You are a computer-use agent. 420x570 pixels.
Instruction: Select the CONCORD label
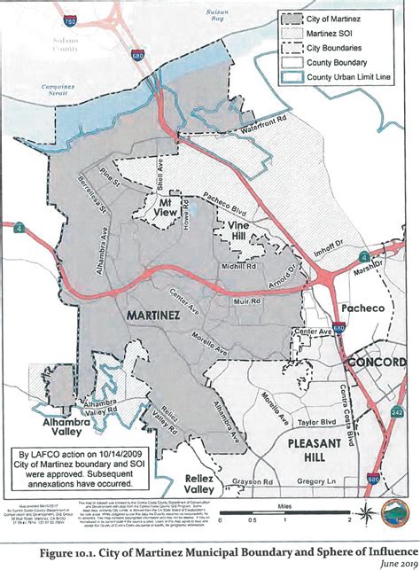click(376, 362)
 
